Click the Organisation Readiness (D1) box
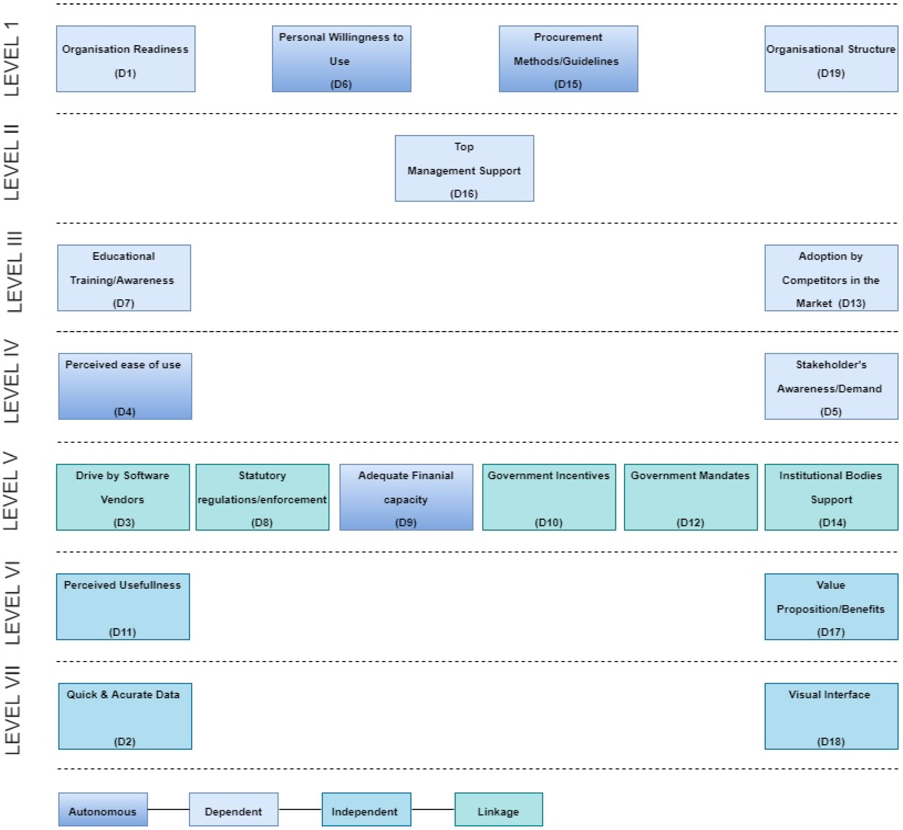click(125, 59)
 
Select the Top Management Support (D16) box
click(464, 168)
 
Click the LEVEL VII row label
click(12, 710)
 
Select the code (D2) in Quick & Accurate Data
click(124, 741)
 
